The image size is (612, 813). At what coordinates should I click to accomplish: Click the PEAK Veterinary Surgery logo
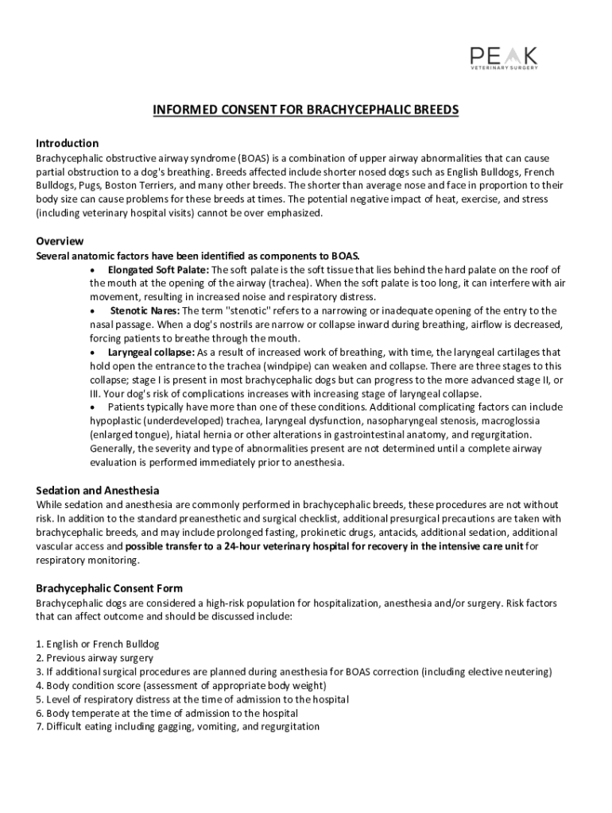coord(503,58)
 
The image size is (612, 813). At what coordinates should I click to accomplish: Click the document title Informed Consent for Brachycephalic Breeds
coord(306,110)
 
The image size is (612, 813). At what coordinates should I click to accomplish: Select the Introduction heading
coord(68,144)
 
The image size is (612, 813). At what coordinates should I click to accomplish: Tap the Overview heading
coord(60,241)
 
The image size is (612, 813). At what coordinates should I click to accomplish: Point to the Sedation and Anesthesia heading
coord(98,491)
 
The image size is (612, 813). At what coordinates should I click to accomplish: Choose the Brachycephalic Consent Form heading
coord(109,588)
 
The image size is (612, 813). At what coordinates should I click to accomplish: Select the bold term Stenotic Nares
coord(145,310)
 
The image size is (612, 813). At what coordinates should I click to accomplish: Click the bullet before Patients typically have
coord(93,407)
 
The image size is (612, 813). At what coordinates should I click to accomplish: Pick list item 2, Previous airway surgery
coord(95,657)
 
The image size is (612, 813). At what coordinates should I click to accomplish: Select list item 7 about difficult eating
coord(177,726)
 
